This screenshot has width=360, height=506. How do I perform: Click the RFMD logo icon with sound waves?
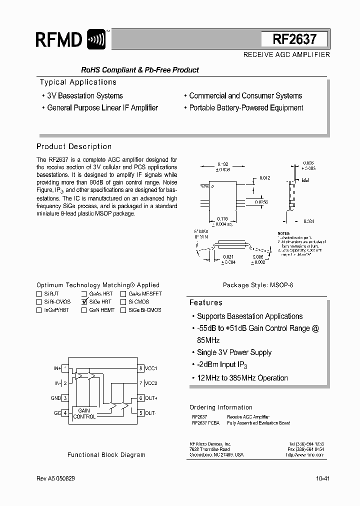pos(96,39)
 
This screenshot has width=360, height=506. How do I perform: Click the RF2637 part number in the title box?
pos(294,39)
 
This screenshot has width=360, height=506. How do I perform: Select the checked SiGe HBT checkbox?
pos(84,302)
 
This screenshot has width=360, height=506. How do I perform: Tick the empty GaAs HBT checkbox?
pos(84,294)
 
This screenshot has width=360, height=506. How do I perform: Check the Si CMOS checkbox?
pos(123,302)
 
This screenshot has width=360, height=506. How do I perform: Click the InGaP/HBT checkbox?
pos(39,310)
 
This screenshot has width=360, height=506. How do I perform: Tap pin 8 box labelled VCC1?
pos(141,368)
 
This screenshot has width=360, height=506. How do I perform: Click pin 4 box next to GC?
pos(65,413)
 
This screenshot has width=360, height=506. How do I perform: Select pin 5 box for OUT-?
pos(141,413)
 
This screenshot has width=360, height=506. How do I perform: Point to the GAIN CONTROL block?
pos(84,413)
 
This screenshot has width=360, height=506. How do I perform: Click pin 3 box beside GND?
pos(65,398)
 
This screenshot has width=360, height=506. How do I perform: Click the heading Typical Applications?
pos(78,82)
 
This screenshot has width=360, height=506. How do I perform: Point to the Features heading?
pos(205,302)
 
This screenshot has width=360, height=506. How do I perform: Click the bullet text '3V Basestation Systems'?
pos(84,95)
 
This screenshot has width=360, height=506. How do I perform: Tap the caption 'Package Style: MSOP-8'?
pos(258,285)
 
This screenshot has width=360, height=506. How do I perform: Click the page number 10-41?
pos(322,478)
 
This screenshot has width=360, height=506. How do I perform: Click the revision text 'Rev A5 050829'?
pos(56,478)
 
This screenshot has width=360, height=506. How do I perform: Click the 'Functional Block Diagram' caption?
pos(106,455)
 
